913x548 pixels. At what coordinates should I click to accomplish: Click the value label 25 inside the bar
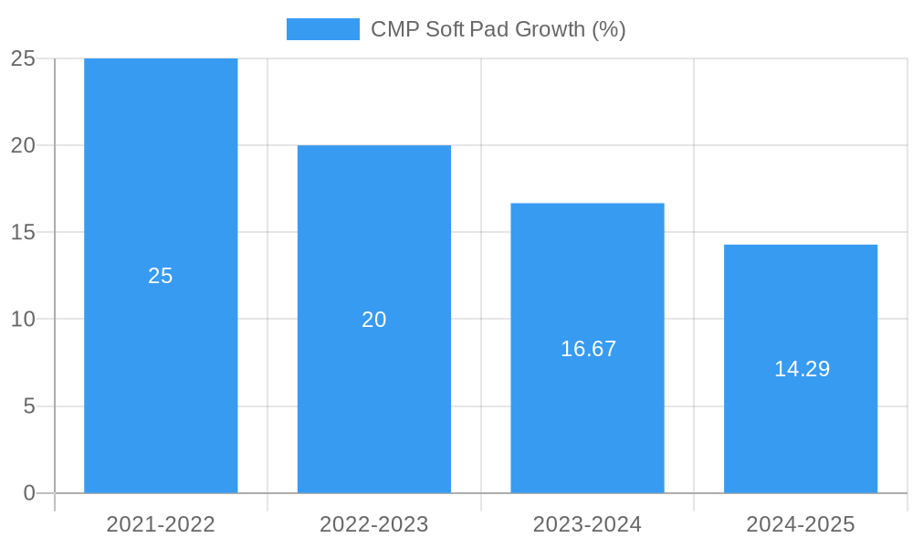click(x=161, y=276)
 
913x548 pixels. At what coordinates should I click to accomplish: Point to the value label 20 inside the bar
click(x=374, y=320)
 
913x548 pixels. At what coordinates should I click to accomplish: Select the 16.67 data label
click(x=588, y=349)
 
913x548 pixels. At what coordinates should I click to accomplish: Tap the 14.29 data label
click(x=802, y=369)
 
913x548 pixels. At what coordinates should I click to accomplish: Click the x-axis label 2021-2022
click(x=161, y=524)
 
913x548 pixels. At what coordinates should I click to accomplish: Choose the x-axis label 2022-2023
click(x=374, y=524)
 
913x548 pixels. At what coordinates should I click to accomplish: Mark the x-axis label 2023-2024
click(x=587, y=524)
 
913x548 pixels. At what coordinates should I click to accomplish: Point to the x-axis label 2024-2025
click(x=801, y=524)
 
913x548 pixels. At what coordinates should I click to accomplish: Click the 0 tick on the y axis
click(x=29, y=493)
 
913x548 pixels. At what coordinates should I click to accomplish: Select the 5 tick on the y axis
click(x=29, y=406)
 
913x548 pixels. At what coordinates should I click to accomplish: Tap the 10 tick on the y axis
click(x=23, y=320)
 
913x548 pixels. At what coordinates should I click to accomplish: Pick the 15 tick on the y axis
click(x=23, y=233)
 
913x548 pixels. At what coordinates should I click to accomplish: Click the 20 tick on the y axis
click(x=23, y=145)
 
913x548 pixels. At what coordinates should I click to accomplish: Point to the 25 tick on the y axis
click(x=23, y=58)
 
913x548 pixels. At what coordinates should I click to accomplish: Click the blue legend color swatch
click(x=323, y=29)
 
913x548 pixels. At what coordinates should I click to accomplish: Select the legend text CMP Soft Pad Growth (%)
click(x=498, y=29)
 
